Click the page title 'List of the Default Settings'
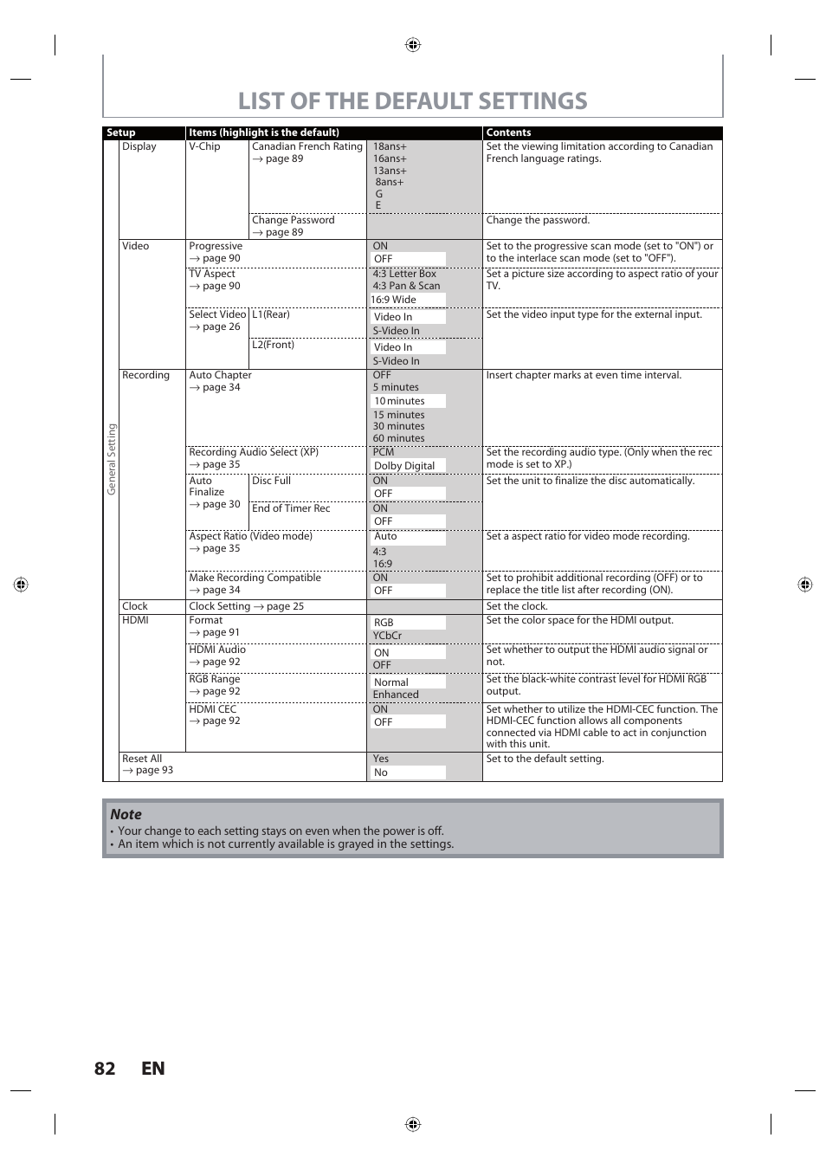(x=412, y=101)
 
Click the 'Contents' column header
(x=508, y=133)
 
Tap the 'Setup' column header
(x=121, y=133)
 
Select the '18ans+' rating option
(x=390, y=146)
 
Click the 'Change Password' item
(x=293, y=220)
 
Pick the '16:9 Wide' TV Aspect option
(x=394, y=300)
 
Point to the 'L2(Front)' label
(x=273, y=345)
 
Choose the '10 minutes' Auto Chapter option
(x=399, y=401)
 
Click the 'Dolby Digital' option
(x=404, y=466)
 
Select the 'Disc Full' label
(x=271, y=481)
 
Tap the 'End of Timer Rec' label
(x=291, y=508)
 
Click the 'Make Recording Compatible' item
(x=255, y=578)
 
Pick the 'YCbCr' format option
(x=387, y=636)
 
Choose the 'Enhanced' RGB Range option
(x=396, y=695)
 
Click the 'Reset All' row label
(x=142, y=759)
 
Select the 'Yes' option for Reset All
(x=381, y=759)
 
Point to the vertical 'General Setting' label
(x=111, y=459)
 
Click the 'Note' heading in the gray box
(x=126, y=814)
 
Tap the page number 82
(x=105, y=1068)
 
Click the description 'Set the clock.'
(x=517, y=606)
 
